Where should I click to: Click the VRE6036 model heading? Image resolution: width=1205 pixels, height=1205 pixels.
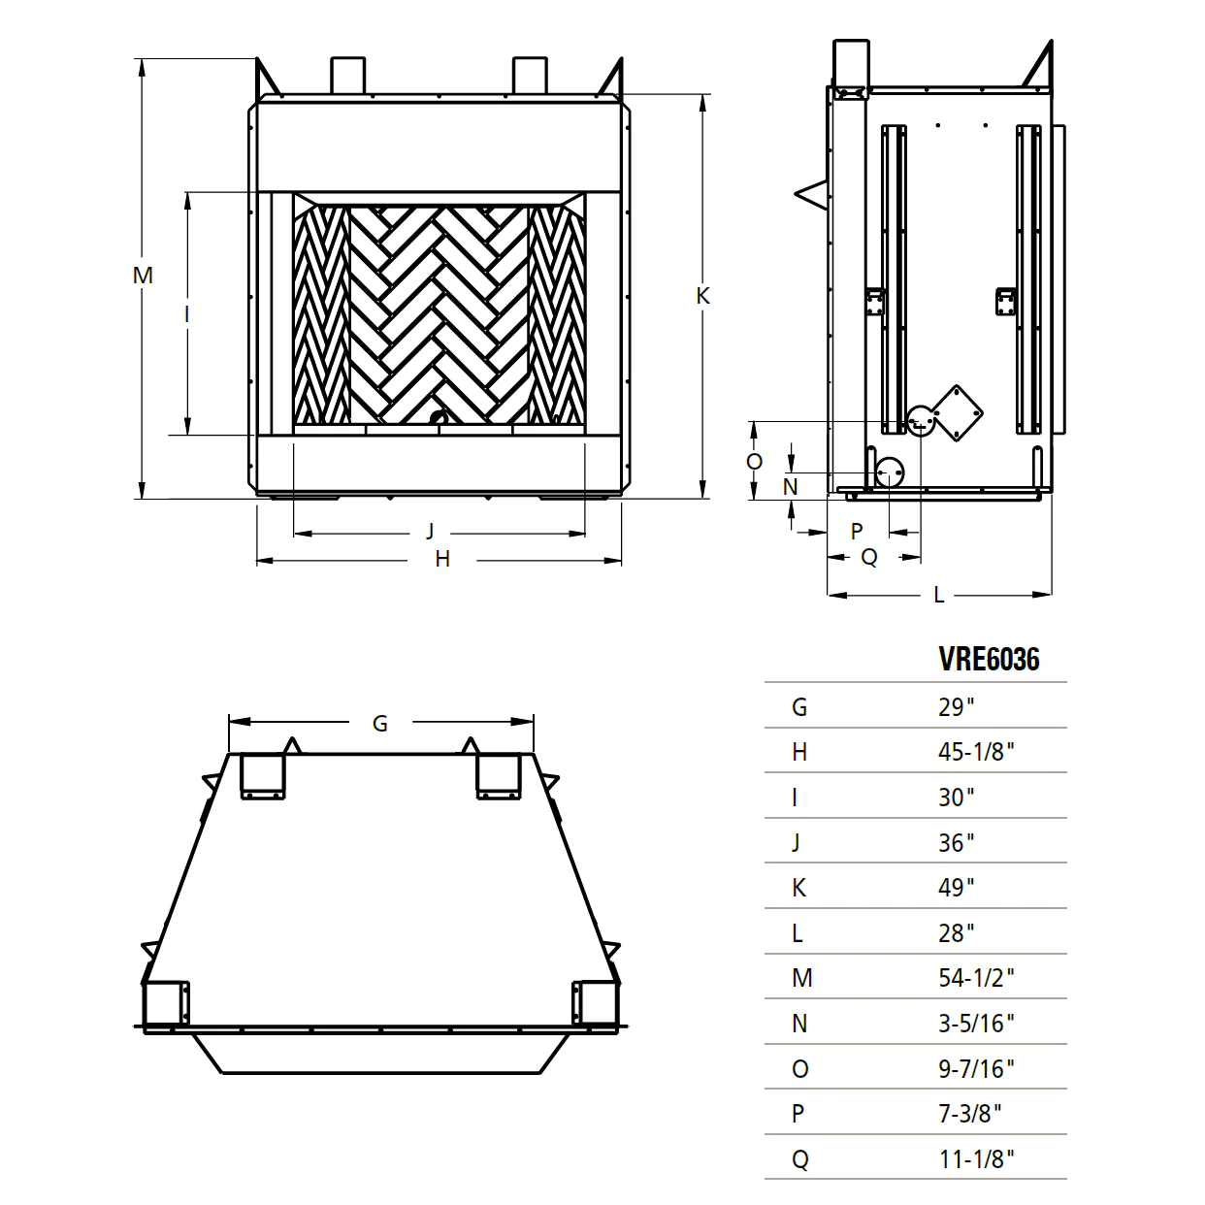click(x=988, y=660)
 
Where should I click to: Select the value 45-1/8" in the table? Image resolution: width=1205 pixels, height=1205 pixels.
click(x=975, y=752)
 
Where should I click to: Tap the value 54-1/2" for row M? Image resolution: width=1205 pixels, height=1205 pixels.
click(x=975, y=978)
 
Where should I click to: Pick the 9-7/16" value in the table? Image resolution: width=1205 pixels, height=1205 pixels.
click(x=975, y=1068)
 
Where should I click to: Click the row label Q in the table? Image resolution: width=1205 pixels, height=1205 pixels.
click(x=799, y=1159)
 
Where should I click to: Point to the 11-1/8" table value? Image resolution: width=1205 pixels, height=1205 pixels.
click(x=975, y=1159)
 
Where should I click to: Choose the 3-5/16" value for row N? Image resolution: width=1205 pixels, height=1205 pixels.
click(x=975, y=1024)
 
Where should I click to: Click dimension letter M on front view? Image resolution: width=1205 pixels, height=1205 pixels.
click(x=143, y=276)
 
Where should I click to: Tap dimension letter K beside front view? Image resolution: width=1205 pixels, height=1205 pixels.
click(x=703, y=296)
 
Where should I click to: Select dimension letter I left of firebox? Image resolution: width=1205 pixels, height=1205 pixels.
click(x=187, y=313)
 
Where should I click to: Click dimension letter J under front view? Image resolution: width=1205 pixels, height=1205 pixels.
click(x=431, y=531)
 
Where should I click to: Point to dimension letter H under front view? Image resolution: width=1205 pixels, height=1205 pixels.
click(x=442, y=559)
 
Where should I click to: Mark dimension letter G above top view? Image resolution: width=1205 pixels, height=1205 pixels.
click(x=380, y=723)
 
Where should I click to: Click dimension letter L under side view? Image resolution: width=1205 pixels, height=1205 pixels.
click(x=938, y=596)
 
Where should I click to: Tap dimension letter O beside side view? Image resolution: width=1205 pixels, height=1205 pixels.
click(x=754, y=462)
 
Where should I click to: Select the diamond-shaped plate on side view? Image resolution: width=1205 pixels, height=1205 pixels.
click(x=958, y=412)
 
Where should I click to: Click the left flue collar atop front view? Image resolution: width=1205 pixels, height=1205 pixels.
click(x=347, y=75)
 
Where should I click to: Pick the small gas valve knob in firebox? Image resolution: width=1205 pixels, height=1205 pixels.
click(x=438, y=418)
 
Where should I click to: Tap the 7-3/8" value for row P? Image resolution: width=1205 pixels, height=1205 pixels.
click(x=969, y=1114)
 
